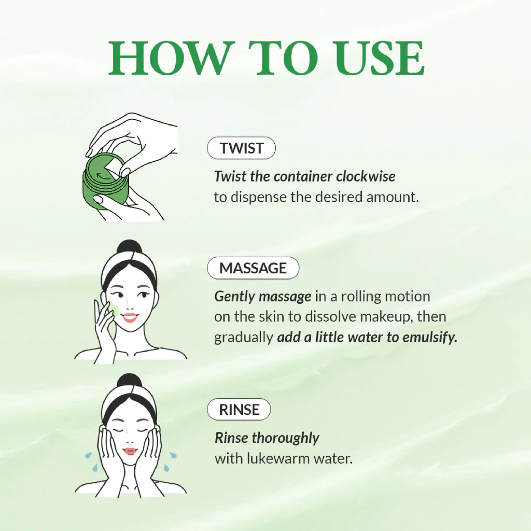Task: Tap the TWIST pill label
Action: [x=241, y=148]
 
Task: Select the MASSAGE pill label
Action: [x=253, y=268]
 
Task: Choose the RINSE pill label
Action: [x=239, y=410]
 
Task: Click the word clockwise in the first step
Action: [x=366, y=177]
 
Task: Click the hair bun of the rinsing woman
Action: [x=129, y=380]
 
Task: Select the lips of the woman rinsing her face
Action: [x=130, y=451]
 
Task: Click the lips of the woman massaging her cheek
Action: [x=130, y=318]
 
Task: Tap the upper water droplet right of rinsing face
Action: [x=173, y=455]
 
